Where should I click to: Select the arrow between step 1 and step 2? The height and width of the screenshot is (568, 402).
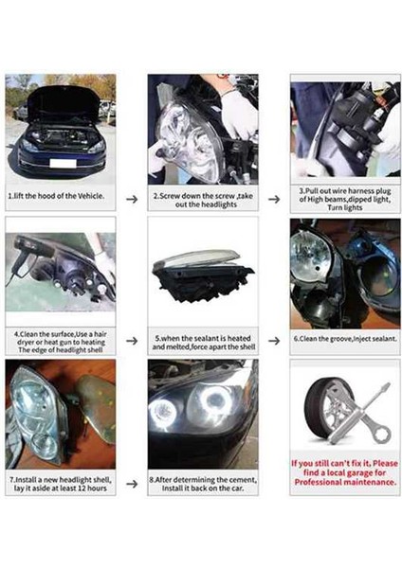tap(132, 198)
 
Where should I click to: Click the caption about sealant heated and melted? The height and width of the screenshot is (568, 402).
tap(201, 342)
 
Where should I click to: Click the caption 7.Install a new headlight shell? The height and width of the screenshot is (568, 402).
tap(61, 486)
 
